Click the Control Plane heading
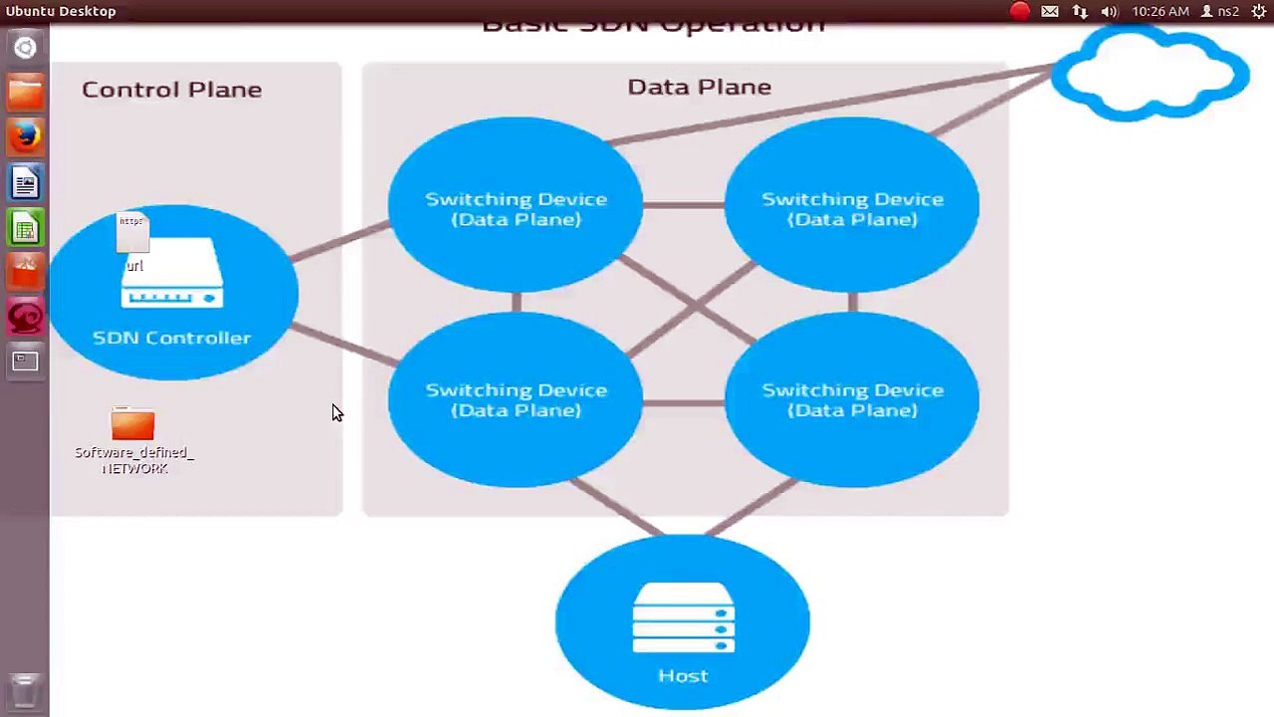coord(171,90)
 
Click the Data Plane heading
coord(699,87)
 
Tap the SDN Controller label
coord(171,338)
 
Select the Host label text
coord(683,676)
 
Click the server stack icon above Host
coord(683,618)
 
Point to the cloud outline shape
coord(1150,75)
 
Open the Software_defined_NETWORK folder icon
coord(133,425)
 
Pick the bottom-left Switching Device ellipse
coord(516,399)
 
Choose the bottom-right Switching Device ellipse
coord(852,399)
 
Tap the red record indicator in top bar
coord(1019,11)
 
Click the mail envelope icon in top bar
coord(1050,11)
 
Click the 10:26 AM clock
coord(1161,11)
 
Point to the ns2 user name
coord(1228,11)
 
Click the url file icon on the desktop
coord(133,239)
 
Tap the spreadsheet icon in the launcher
coord(26,229)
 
